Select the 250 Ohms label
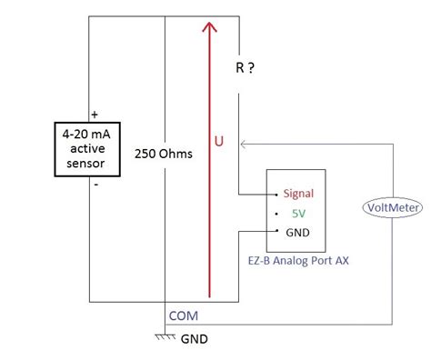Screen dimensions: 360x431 click(x=163, y=154)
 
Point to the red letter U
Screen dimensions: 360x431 click(x=219, y=142)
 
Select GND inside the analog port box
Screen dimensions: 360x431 click(x=298, y=232)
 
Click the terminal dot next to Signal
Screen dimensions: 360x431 click(x=276, y=194)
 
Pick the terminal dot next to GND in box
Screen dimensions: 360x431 click(x=276, y=232)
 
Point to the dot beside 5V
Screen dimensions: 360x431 click(x=276, y=213)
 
